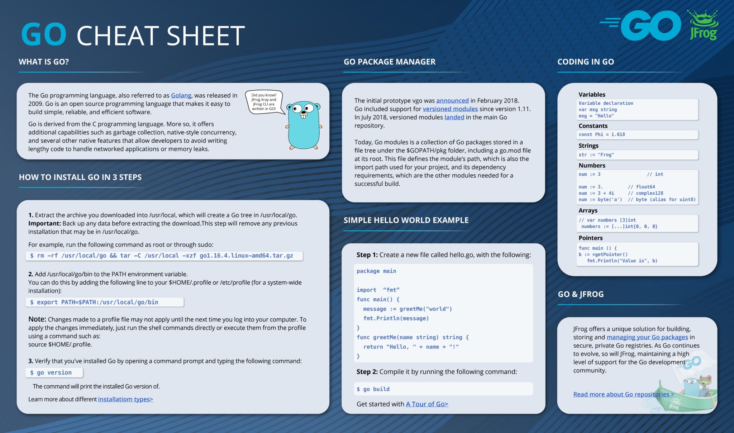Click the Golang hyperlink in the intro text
tap(181, 95)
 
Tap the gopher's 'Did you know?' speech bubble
tap(264, 102)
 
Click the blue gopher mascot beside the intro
tap(304, 125)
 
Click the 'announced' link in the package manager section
tap(452, 101)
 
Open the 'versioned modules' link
tap(450, 109)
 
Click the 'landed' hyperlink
tap(454, 117)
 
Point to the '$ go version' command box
tap(54, 373)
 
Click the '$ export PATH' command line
tap(104, 302)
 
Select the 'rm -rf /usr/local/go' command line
tap(164, 256)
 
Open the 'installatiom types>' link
tap(125, 399)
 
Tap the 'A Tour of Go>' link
tap(427, 404)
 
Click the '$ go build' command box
tap(443, 389)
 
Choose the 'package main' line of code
tap(376, 271)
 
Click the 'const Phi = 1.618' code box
tap(638, 134)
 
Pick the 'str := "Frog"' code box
tap(638, 155)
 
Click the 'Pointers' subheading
tap(590, 238)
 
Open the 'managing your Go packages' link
tap(647, 337)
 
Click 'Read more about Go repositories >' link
tap(623, 394)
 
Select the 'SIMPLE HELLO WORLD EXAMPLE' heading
tap(406, 220)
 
